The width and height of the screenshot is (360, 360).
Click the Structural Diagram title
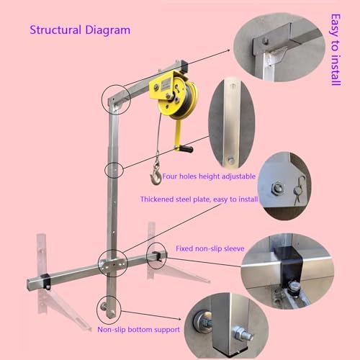(80, 30)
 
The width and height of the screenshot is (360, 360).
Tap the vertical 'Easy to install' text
(335, 50)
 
